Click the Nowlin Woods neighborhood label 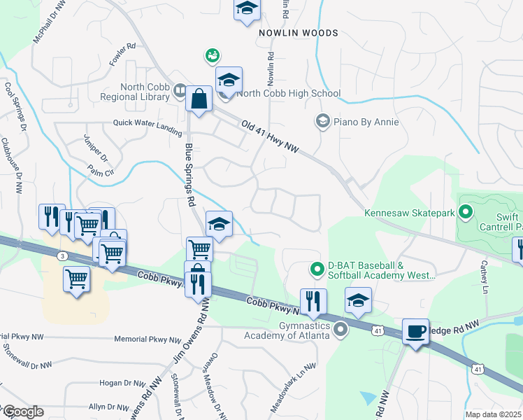tap(298, 33)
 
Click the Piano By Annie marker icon tap(322, 122)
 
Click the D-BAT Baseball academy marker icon tap(317, 267)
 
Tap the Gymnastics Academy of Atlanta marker tap(341, 328)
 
